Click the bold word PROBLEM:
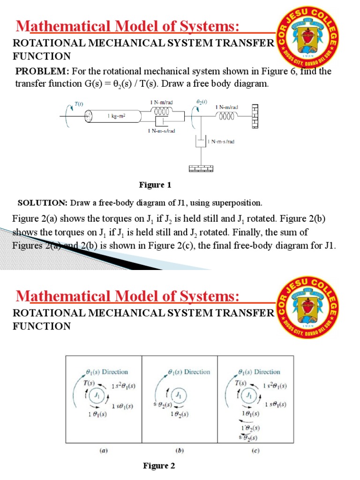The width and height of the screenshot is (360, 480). [42, 71]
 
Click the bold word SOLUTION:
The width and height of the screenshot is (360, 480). [43, 203]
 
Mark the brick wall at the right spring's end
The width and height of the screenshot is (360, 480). [255, 115]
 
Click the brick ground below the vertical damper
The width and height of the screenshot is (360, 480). [201, 167]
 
